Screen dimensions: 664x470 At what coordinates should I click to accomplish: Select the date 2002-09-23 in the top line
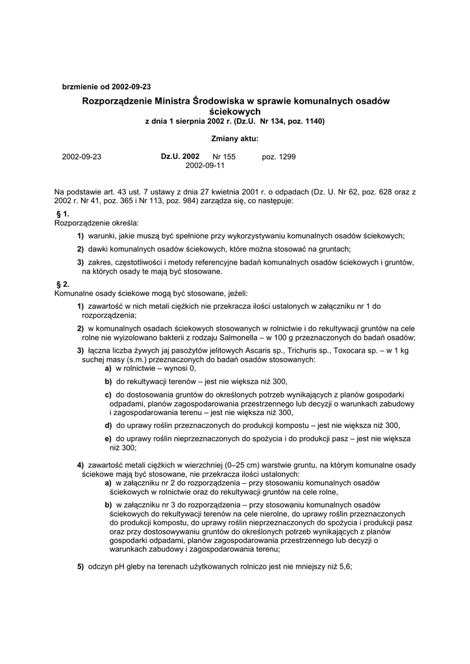[131, 86]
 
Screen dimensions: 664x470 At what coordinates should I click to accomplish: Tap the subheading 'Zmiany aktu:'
[234, 138]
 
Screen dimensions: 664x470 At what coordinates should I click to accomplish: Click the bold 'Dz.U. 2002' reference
[180, 157]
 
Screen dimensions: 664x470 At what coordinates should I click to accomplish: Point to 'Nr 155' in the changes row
[224, 157]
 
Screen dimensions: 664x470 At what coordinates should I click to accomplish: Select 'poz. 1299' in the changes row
[278, 157]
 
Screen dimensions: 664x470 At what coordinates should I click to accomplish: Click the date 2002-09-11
[205, 166]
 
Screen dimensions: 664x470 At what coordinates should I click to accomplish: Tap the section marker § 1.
[63, 213]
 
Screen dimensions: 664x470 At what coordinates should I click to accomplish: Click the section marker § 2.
[63, 284]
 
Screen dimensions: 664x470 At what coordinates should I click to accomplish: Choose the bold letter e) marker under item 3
[108, 439]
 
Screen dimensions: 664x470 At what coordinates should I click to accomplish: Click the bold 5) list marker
[80, 565]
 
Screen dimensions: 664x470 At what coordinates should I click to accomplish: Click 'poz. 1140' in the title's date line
[303, 121]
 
